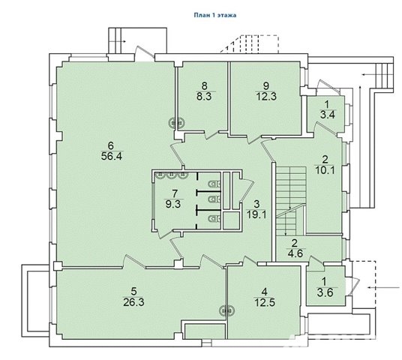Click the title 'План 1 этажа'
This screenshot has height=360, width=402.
point(214,15)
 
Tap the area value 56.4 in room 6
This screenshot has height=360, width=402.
point(112,156)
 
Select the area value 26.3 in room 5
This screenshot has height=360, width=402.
point(133,302)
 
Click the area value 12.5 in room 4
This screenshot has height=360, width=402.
point(265,302)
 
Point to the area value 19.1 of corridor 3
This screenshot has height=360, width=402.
point(256,214)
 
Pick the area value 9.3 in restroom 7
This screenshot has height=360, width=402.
point(173,204)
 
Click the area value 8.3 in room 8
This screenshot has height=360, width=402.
point(204,97)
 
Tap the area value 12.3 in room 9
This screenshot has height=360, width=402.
point(266,97)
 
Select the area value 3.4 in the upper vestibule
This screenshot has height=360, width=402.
point(328,115)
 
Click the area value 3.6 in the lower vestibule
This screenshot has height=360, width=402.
point(325,292)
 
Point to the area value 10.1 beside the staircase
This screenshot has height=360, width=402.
point(325,170)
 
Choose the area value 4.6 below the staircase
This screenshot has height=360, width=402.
point(295,253)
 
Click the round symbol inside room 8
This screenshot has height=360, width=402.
point(176,122)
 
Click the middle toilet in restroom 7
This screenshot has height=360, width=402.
point(215,199)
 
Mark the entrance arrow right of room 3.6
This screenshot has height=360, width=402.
point(384,288)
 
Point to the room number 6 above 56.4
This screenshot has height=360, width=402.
point(111,146)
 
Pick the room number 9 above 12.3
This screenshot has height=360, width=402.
point(266,86)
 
